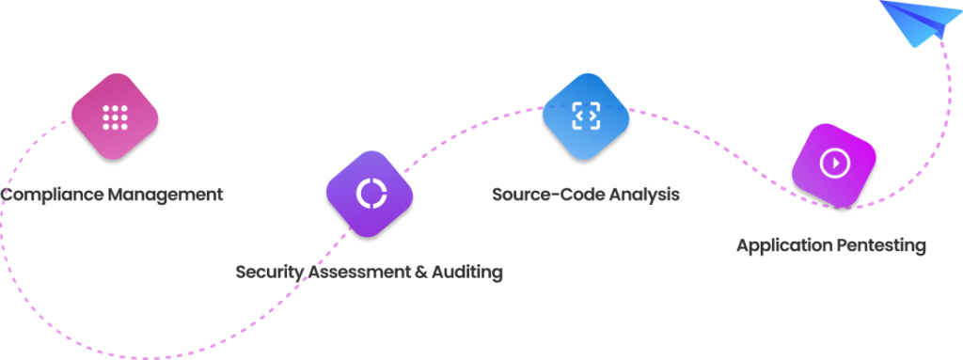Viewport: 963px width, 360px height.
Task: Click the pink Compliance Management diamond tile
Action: point(115,117)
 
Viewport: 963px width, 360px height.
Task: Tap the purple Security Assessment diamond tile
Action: point(370,193)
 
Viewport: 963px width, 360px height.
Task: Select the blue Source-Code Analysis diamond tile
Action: point(585,116)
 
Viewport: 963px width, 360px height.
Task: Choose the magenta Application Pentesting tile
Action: point(834,164)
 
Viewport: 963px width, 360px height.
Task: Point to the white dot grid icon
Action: point(115,117)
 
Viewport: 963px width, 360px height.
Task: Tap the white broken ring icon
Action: point(370,193)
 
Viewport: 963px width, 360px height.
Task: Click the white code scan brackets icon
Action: point(585,116)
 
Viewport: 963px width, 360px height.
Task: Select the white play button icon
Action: point(834,164)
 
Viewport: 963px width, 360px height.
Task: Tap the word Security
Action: point(270,272)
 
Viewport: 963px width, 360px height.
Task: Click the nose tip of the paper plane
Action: point(882,3)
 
